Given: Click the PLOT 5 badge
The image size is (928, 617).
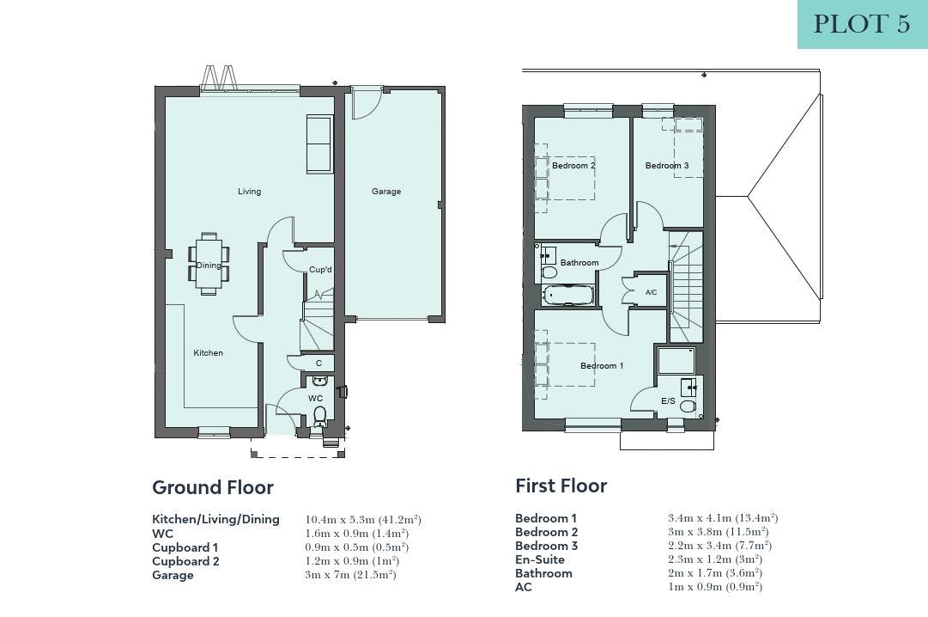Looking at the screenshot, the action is click(862, 24).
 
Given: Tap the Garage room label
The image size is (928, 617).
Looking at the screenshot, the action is click(386, 192).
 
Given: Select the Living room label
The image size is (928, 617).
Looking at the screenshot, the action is click(249, 192).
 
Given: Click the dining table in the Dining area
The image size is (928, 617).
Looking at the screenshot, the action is click(209, 264).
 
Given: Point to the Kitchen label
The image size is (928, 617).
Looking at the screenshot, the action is click(209, 352).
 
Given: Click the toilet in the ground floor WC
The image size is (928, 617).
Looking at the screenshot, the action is click(319, 415).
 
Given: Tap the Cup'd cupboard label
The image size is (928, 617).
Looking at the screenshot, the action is click(321, 270).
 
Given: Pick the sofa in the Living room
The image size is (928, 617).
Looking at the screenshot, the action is click(319, 144).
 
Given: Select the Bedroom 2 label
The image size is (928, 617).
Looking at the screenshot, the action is click(573, 165).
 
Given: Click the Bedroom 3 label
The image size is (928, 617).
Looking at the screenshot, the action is click(667, 165).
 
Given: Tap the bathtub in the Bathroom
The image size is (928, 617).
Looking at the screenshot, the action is click(567, 295).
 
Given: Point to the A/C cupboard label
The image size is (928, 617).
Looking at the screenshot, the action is click(651, 292).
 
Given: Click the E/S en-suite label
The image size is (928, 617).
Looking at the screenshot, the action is click(668, 401).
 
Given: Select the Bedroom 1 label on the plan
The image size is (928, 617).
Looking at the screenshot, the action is click(602, 366).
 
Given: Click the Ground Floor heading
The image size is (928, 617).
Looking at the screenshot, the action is click(213, 487).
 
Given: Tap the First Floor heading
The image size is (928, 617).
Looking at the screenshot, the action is click(561, 486).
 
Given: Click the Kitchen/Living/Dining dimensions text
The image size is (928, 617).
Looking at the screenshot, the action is click(363, 520).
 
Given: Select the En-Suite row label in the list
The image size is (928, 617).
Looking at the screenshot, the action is click(540, 559).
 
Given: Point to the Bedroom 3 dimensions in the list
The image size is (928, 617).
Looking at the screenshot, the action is click(719, 546).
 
